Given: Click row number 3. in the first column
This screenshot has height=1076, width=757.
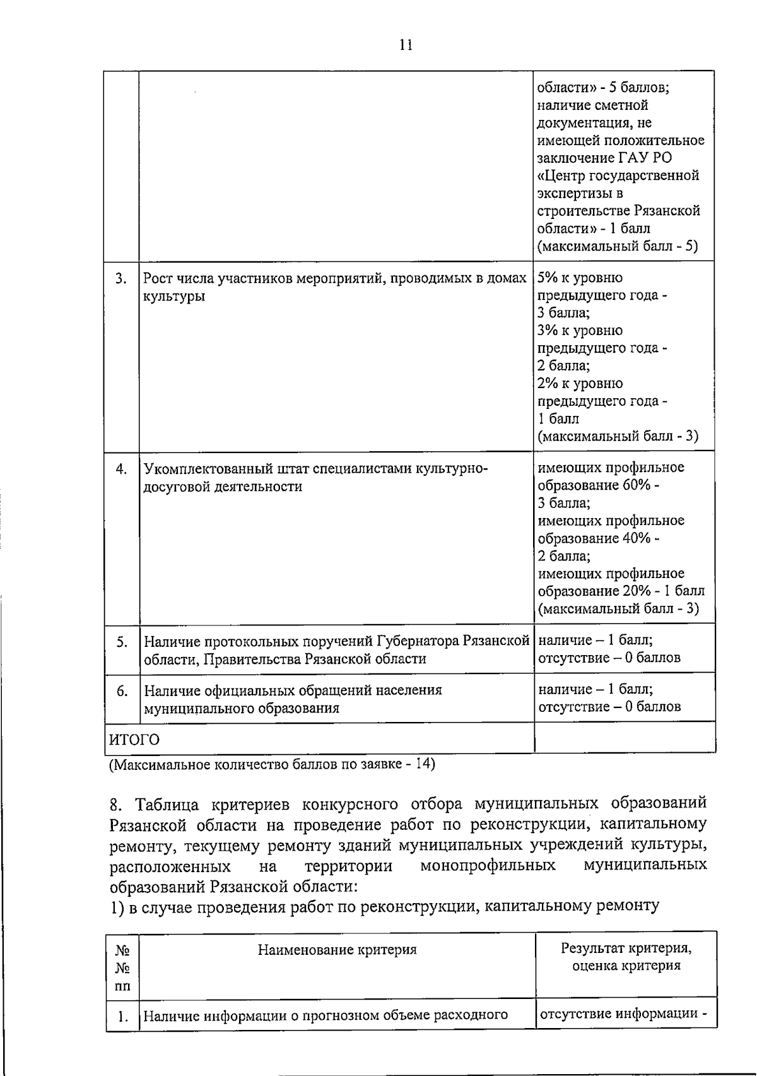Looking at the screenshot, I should pos(122,279).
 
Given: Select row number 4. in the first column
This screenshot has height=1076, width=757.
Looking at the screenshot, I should pos(122,469).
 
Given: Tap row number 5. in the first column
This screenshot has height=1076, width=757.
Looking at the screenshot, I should pos(122,642).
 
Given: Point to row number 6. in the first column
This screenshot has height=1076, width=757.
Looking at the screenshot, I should pos(122,691).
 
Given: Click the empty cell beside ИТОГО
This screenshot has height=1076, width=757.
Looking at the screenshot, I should pos(624,738).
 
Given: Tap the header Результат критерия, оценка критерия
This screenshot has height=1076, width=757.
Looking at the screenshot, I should pos(626,957).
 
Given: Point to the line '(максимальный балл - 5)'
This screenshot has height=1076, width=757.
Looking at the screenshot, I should pos(618,246).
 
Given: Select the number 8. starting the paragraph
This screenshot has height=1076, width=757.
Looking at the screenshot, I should pos(115,805).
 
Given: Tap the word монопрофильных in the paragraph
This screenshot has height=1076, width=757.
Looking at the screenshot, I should pos(488,865).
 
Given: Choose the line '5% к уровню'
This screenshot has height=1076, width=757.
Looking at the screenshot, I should pos(580,278).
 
